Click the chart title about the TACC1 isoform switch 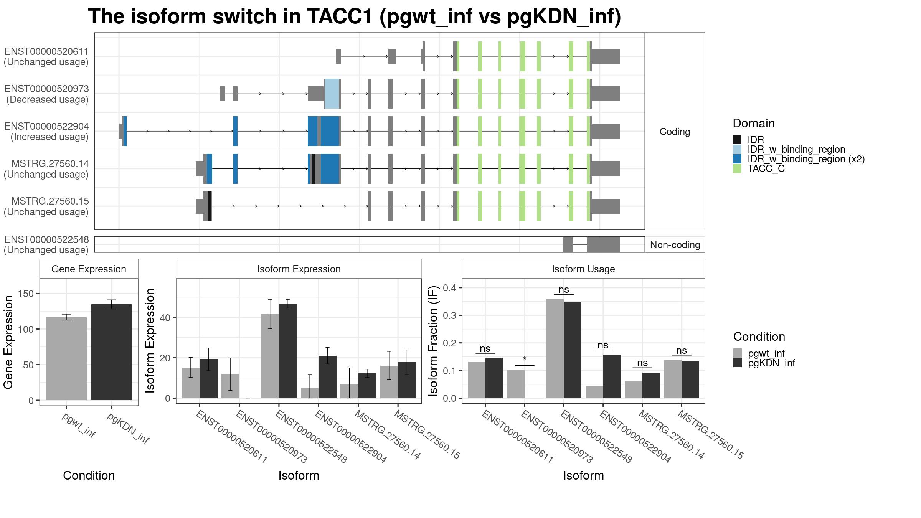tap(355, 17)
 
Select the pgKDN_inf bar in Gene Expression tap(111, 352)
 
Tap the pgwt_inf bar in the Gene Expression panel tap(66, 359)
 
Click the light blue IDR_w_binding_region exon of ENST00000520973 tap(332, 94)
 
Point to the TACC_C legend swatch tap(737, 168)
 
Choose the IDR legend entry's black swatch tap(737, 140)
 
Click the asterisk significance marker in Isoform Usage tap(525, 360)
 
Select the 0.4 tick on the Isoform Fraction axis tap(449, 288)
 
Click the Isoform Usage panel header tap(583, 269)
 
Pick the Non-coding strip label tap(675, 245)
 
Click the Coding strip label tap(675, 132)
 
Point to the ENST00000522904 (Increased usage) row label tap(46, 132)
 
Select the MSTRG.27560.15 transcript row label tap(46, 206)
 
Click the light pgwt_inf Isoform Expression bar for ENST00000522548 tap(270, 356)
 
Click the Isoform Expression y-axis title tap(150, 341)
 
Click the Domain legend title tap(754, 123)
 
